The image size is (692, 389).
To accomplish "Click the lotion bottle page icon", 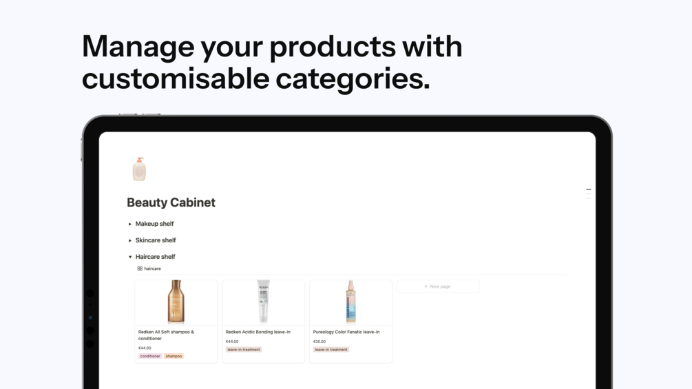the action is (139, 169).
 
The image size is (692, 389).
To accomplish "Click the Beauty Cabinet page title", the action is (171, 202).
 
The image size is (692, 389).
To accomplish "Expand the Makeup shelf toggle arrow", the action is (130, 224).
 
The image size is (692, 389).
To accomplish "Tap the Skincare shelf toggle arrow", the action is (130, 240).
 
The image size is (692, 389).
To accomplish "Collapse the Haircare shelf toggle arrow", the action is (130, 257).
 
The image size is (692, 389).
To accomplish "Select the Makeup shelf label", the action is (154, 224).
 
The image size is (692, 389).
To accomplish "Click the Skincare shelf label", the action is (156, 240).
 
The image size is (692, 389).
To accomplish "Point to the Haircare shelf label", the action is (155, 256).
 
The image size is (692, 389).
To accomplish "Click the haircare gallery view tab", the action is (149, 269).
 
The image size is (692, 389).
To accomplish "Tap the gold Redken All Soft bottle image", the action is (176, 302).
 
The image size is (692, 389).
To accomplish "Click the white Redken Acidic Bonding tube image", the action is (263, 302).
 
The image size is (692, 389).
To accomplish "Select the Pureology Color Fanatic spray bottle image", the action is (350, 302).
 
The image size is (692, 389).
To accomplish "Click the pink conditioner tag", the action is (150, 356).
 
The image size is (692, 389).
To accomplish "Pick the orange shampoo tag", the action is (174, 356).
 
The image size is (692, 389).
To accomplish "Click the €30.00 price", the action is (319, 341).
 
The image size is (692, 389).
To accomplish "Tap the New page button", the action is (438, 286).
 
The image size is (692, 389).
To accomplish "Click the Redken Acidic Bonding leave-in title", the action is (258, 332).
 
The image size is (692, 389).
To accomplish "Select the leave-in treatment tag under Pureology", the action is (331, 349).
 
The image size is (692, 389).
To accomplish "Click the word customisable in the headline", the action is (176, 78).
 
